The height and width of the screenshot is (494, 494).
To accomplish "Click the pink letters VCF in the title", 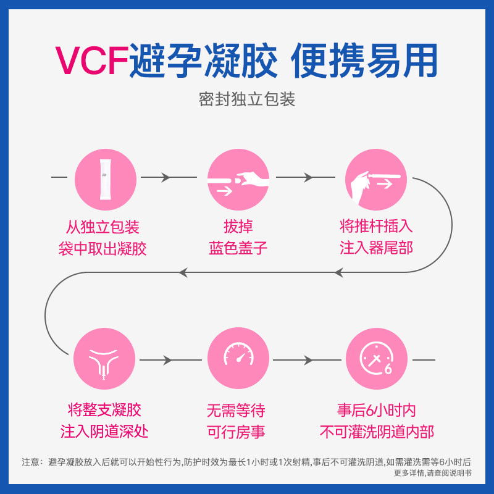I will point(92,61).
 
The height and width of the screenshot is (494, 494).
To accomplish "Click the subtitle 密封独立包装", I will point(247,99).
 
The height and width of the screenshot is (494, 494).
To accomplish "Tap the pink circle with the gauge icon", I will point(238,359).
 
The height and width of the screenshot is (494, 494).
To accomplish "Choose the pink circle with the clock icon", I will point(376,359).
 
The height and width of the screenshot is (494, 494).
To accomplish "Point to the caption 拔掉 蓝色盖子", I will point(238,238).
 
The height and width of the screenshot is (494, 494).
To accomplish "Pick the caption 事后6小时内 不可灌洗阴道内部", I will point(376,421).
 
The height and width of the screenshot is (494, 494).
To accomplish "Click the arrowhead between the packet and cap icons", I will point(165,178).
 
